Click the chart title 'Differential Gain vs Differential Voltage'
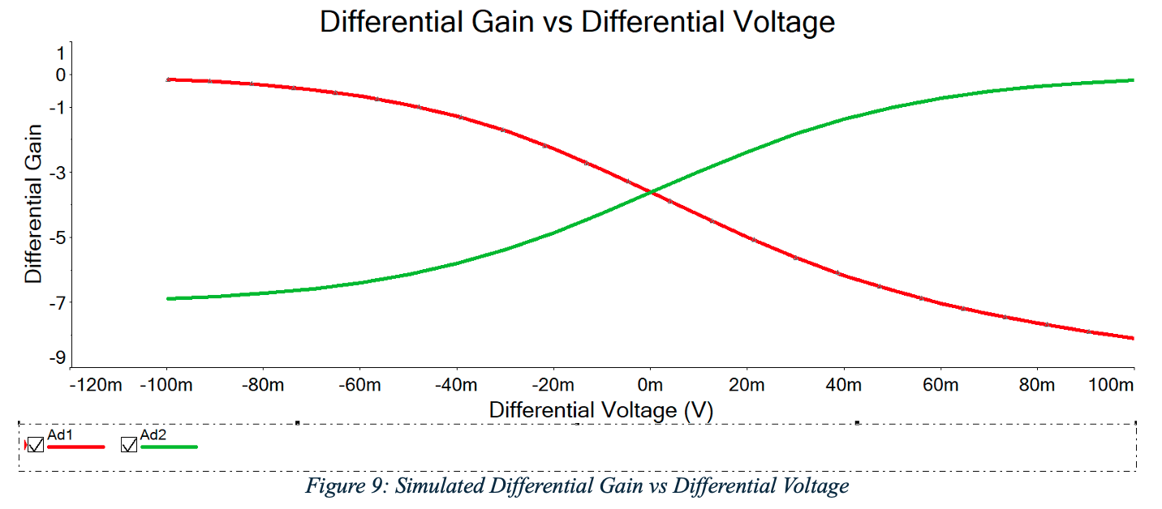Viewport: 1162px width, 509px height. (x=577, y=21)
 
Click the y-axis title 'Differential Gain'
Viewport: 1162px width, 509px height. (x=33, y=203)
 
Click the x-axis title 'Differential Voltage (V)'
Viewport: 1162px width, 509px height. (x=600, y=410)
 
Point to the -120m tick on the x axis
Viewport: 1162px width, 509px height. (x=96, y=384)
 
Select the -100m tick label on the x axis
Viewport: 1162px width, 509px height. (x=166, y=384)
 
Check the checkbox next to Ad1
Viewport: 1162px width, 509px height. (x=36, y=445)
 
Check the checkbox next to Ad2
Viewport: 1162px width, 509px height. (x=129, y=445)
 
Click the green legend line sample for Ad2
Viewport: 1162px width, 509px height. (x=169, y=447)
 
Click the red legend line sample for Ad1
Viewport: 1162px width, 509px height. (x=76, y=447)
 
